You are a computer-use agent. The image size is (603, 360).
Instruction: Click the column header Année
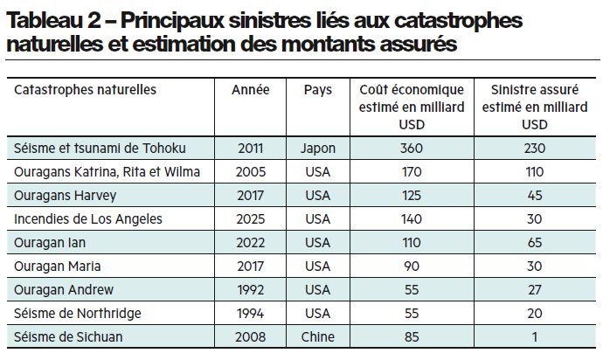point(250,90)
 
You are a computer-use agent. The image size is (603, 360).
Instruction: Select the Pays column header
point(318,90)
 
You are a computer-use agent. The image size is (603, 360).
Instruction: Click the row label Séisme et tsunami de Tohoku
point(100,148)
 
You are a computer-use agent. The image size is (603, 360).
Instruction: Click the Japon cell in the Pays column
point(318,148)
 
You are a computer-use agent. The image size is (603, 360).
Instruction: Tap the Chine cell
point(318,336)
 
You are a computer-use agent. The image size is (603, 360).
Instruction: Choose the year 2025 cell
point(250,218)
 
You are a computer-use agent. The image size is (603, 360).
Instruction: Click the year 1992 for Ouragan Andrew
point(250,289)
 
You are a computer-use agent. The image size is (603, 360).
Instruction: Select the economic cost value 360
point(411,148)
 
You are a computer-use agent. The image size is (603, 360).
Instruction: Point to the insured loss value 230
point(534,148)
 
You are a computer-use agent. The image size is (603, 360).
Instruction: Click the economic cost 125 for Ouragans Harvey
point(411,195)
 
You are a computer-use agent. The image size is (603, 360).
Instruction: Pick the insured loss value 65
point(534,242)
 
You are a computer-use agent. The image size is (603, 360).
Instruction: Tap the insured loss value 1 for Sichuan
point(534,336)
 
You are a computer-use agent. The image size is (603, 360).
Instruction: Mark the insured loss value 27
point(534,289)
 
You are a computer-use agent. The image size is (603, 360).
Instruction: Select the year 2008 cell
point(250,336)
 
